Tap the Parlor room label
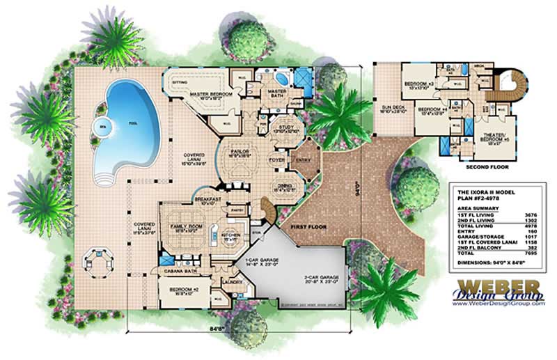(244, 154)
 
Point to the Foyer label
(278, 158)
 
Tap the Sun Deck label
(392, 109)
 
